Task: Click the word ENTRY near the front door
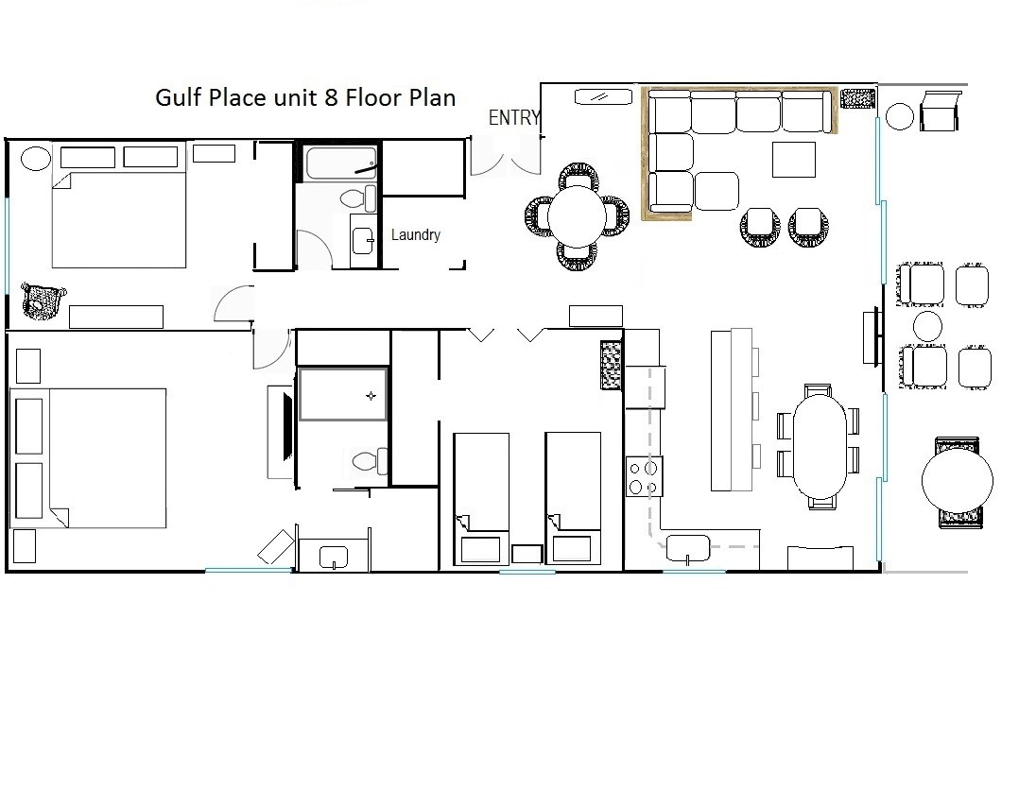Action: [x=514, y=117]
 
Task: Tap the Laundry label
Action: [x=416, y=234]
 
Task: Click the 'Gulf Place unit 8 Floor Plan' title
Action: [x=305, y=97]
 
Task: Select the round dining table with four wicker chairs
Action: [x=577, y=216]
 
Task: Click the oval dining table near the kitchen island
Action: [x=820, y=447]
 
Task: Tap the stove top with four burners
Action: [x=644, y=477]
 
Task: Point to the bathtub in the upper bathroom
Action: [x=341, y=163]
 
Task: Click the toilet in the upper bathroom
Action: [x=358, y=197]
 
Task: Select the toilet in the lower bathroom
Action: [x=370, y=460]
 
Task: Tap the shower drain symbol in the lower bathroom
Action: [x=371, y=396]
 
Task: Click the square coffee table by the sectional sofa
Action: [x=793, y=159]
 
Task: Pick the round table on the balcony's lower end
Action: [x=958, y=481]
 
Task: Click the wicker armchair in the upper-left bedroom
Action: [x=43, y=301]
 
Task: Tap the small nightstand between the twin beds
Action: [x=527, y=554]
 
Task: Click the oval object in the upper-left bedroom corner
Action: [x=36, y=159]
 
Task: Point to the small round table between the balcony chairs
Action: [x=927, y=326]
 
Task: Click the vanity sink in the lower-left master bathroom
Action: [x=334, y=557]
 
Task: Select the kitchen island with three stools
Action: [x=732, y=409]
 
